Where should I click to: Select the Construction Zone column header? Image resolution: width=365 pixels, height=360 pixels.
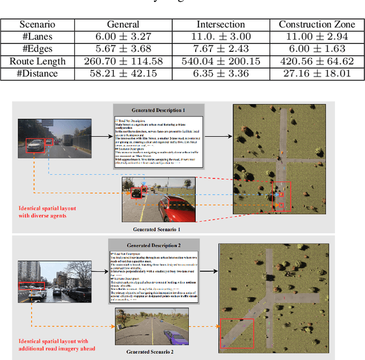click(314, 25)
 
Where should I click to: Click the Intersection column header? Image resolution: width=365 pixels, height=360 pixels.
click(220, 25)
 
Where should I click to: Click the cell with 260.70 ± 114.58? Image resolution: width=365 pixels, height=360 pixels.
click(123, 61)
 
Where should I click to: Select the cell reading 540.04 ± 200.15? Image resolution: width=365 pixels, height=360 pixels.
click(220, 61)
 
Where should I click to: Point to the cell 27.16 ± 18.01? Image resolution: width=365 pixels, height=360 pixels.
click(314, 73)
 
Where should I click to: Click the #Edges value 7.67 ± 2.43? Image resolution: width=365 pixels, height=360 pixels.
click(220, 49)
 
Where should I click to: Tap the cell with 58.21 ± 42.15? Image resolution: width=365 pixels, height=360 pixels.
click(123, 73)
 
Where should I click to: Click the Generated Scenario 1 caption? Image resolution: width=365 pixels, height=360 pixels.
click(157, 229)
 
